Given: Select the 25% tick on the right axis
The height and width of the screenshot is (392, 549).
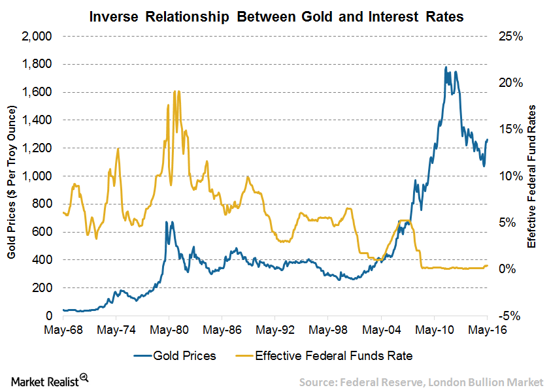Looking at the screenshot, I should click(510, 37).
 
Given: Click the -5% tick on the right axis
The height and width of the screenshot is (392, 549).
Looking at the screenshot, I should click(511, 316).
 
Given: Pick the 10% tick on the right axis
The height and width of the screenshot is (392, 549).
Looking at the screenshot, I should click(511, 176).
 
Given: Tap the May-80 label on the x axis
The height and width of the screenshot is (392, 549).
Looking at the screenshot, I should click(169, 329).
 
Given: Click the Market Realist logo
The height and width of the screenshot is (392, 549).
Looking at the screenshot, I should click(49, 379).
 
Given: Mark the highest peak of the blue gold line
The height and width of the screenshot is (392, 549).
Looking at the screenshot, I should click(446, 67).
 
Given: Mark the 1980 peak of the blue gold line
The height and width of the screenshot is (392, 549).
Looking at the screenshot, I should click(166, 221).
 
